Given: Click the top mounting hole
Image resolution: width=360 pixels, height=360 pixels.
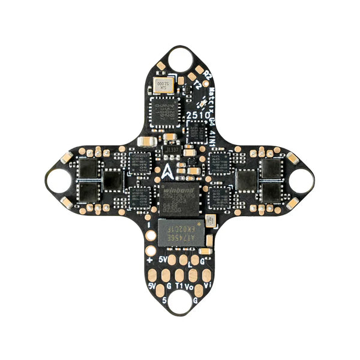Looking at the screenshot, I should pos(179,58).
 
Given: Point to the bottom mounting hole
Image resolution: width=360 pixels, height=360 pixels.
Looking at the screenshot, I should pos(179,300).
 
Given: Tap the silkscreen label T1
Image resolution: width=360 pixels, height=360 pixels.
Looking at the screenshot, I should pos(179,287).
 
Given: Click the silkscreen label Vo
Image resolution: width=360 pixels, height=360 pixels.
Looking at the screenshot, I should pos(191,287).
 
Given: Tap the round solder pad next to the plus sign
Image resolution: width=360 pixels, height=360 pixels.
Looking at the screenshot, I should pos(151,235).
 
